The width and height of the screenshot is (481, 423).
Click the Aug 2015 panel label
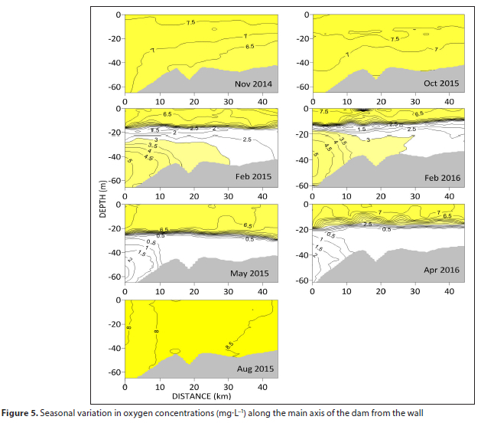[x=255, y=369]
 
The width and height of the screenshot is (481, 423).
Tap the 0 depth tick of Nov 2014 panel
[x=119, y=15]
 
